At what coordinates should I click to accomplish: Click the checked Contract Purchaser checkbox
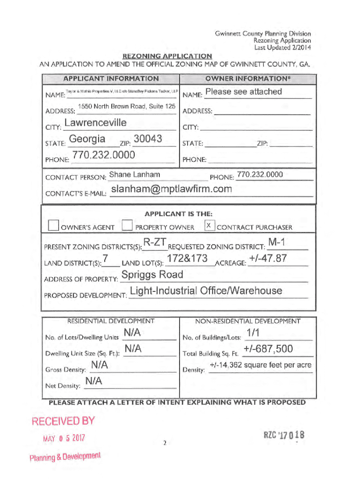210,226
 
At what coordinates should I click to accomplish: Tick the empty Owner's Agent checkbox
53,226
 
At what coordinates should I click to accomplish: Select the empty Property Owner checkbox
126,226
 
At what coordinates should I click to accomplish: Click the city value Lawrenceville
95,123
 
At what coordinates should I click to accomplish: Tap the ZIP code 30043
148,139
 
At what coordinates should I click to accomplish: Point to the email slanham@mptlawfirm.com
172,189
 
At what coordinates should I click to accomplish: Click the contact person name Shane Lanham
134,175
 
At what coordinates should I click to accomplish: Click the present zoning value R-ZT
155,243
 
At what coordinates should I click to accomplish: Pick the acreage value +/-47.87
268,258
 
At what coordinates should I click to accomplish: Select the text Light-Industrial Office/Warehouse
206,291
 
